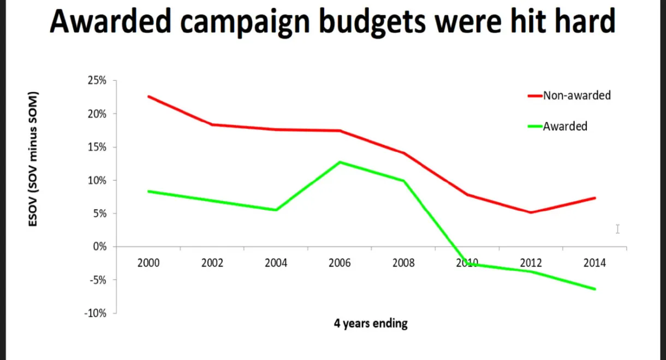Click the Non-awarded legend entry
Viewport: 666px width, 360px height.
(x=576, y=96)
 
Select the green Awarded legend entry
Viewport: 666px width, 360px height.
(x=564, y=127)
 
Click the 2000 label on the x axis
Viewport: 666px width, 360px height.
(x=148, y=263)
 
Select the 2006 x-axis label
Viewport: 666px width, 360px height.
(x=340, y=263)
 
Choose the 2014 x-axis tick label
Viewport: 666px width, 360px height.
(x=594, y=263)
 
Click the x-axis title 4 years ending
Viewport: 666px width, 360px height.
(x=371, y=323)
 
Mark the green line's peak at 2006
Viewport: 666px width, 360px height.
(x=340, y=162)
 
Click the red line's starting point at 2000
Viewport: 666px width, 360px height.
(x=148, y=96)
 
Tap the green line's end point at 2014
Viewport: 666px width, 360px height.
(x=594, y=289)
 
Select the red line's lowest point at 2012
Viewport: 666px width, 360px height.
(x=531, y=213)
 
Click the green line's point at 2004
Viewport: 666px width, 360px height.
(x=276, y=210)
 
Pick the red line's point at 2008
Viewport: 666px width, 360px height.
(x=403, y=153)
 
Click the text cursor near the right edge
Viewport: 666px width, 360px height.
(x=617, y=229)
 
